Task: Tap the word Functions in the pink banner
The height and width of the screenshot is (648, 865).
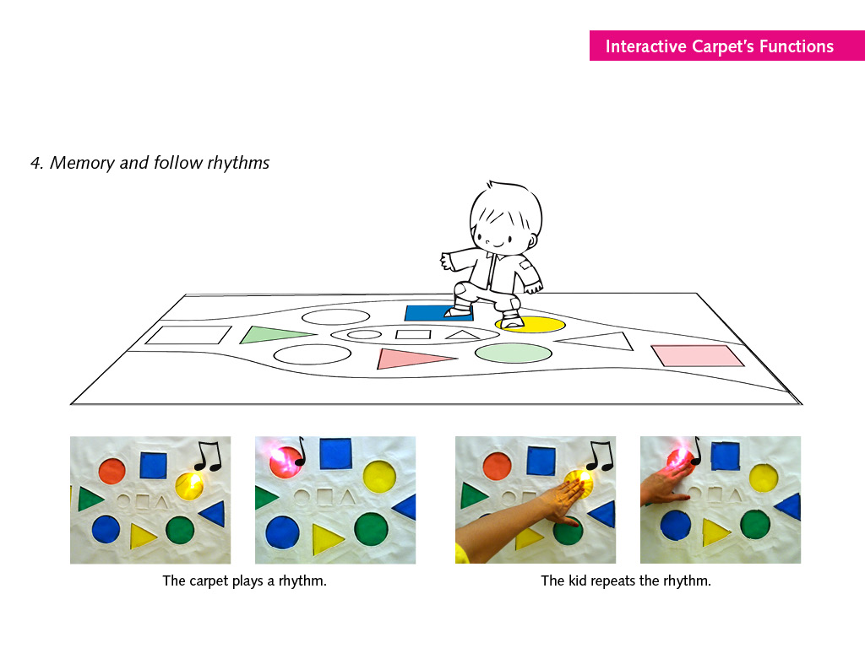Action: [797, 46]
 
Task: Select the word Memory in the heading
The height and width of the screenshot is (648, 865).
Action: [82, 163]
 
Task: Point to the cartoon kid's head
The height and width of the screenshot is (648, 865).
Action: [506, 215]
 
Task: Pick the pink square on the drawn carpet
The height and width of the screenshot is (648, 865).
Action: [697, 355]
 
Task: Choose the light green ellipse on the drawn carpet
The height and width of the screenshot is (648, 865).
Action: [514, 353]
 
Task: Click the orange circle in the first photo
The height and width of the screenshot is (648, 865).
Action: [112, 471]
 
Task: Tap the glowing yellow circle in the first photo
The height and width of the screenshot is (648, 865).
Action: [189, 485]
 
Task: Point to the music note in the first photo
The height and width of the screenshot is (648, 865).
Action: [209, 456]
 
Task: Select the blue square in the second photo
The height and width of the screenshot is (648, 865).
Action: [335, 453]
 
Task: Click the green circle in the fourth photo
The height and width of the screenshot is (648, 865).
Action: [755, 524]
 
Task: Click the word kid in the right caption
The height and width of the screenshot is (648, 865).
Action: [578, 580]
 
